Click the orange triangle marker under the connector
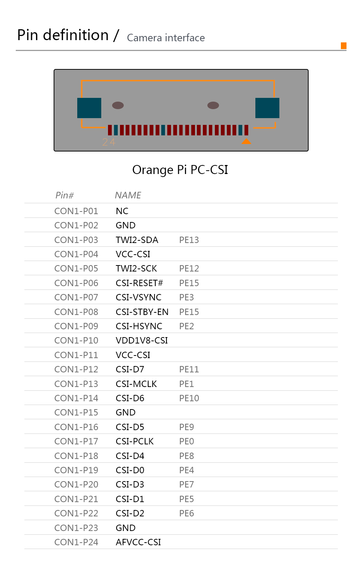[246, 141]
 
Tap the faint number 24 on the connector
[108, 142]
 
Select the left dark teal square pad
[89, 108]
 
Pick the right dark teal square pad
[267, 108]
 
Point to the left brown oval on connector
[118, 105]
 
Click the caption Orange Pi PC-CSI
[180, 170]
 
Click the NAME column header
[128, 195]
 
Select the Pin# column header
[64, 195]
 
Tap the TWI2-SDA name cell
[137, 240]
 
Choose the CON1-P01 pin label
[76, 211]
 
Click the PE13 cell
[189, 240]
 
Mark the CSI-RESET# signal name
[139, 283]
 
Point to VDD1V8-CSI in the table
[142, 340]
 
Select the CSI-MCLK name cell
[136, 384]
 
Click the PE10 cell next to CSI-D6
[189, 398]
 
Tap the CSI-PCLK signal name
[135, 441]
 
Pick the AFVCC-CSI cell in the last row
[138, 542]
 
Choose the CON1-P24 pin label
[76, 542]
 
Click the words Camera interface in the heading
[166, 38]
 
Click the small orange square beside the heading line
[343, 46]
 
